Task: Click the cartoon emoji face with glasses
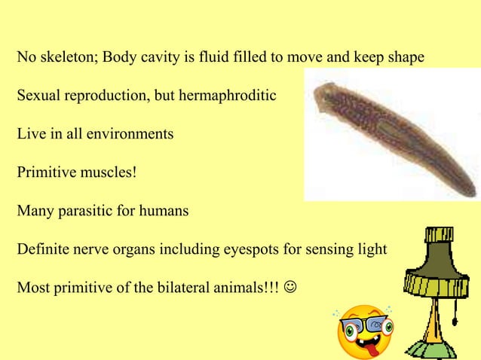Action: [x=364, y=332]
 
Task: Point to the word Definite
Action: [x=42, y=250]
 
